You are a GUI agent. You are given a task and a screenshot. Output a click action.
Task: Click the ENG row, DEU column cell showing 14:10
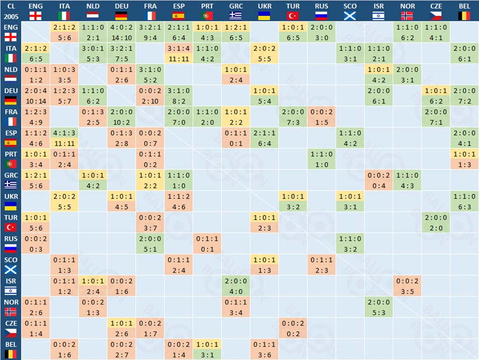[x=121, y=38]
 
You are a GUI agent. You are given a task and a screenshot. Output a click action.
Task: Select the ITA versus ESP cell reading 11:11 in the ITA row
[x=179, y=59]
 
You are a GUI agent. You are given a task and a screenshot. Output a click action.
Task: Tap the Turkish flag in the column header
[x=293, y=15]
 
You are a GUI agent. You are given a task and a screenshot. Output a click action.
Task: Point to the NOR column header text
[x=407, y=6]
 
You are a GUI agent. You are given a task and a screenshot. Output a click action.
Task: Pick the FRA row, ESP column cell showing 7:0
[x=179, y=122]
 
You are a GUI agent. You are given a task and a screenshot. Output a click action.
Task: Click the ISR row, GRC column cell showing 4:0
[x=236, y=292]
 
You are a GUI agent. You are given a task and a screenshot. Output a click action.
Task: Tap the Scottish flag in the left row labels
[x=11, y=269]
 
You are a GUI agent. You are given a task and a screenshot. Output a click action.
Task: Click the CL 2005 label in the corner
[x=11, y=11]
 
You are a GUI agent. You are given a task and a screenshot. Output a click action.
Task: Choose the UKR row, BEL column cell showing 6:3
[x=465, y=207]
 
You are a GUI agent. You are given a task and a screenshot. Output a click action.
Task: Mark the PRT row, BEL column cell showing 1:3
[x=465, y=165]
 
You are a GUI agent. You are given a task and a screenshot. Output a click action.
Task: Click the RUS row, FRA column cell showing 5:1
[x=150, y=249]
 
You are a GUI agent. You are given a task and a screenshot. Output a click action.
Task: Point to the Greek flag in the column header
[x=236, y=15]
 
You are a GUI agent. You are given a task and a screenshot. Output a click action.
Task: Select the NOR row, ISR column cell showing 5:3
[x=379, y=313]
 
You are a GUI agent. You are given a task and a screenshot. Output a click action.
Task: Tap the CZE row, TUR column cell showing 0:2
[x=293, y=334]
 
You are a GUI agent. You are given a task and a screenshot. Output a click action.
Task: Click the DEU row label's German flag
[x=11, y=100]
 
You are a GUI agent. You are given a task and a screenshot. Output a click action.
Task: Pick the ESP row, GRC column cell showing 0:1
[x=236, y=143]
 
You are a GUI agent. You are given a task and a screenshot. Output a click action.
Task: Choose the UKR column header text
[x=264, y=6]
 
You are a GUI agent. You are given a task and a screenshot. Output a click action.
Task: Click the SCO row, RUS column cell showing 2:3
[x=322, y=271]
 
